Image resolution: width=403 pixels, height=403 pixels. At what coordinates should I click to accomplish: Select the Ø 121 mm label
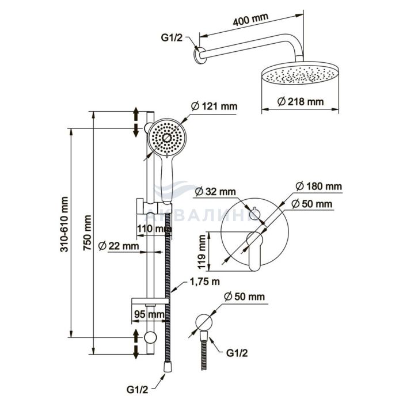coord(212,106)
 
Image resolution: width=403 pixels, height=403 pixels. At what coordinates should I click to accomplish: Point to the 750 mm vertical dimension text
coord(88,230)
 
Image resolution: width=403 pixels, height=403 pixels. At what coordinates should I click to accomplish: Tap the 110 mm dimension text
coord(154,229)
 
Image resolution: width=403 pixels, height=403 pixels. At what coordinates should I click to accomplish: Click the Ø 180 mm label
coord(318,187)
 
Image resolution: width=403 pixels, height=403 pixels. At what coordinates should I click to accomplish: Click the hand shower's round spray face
coord(167,138)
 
